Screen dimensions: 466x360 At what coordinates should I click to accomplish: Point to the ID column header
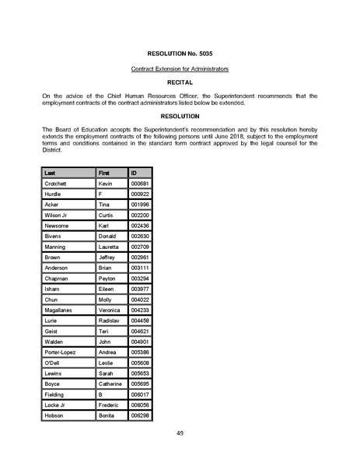135,172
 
